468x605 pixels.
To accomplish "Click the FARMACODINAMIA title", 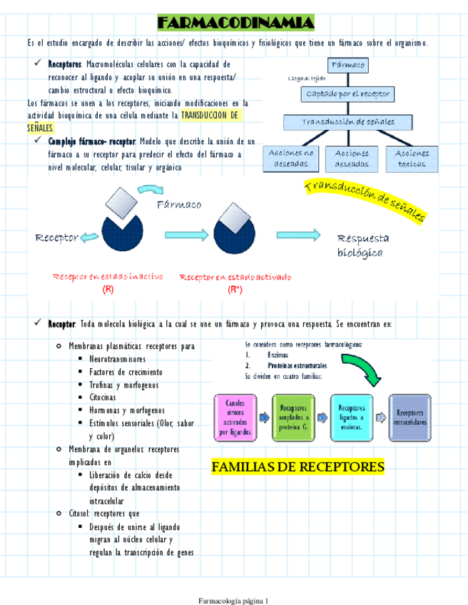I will click(x=235, y=24).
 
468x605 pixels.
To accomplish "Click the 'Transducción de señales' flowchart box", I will click(x=349, y=122).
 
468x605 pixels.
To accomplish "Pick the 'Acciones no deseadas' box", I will click(x=291, y=158).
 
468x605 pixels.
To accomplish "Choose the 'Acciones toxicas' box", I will click(x=411, y=158).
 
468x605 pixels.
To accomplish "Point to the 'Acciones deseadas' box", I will click(x=352, y=158).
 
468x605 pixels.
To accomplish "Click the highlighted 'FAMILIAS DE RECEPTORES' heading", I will click(x=297, y=467).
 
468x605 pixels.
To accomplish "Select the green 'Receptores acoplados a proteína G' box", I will click(x=295, y=417).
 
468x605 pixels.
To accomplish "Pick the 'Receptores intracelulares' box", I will click(x=412, y=417).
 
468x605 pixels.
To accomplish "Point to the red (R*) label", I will click(x=235, y=290).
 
